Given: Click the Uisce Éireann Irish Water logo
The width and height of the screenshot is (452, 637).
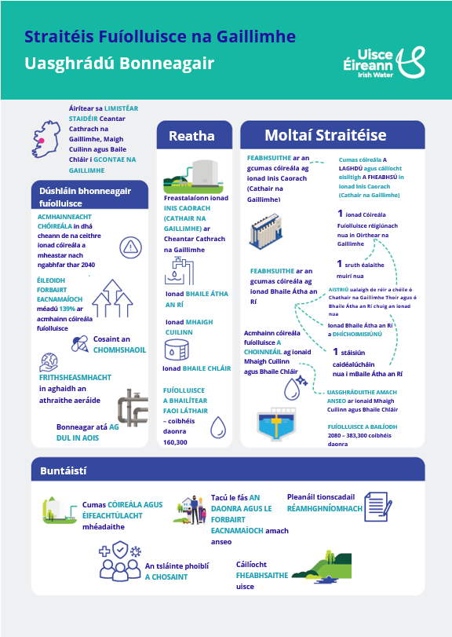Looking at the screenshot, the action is pos(384,63).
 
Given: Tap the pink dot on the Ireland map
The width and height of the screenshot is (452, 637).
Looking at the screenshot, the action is pos(41,141).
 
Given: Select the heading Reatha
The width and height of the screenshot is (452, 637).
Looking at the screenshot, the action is pos(191,136).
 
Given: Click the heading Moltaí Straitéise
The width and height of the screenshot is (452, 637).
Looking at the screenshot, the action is pos(326,135).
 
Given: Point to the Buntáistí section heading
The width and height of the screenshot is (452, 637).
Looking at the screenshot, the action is pos(64,470).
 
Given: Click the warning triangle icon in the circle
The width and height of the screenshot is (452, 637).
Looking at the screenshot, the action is pos(130,247).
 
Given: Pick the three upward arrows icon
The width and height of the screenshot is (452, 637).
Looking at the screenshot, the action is pos(112,298).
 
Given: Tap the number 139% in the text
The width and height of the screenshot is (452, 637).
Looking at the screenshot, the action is pos(67,309).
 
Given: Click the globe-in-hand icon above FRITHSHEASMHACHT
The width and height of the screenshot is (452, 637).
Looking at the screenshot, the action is pos(49,362).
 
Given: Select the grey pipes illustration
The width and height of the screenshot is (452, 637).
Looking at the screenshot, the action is pos(133,408).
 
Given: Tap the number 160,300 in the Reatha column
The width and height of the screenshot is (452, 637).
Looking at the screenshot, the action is pos(175,442).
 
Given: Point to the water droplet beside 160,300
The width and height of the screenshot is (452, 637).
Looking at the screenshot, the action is pos(218,427).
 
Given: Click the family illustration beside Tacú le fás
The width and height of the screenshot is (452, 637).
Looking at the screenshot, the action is pos(191,510).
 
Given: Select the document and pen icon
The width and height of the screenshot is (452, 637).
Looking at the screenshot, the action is pos(378,507).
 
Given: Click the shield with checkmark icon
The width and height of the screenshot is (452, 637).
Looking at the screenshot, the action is pos(120,550).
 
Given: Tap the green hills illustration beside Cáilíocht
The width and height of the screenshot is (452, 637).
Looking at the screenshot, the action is pos(322,567).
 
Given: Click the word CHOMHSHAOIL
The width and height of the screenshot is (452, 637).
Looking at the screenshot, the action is pos(120,350).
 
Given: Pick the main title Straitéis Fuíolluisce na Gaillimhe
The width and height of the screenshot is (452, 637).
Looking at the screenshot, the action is pos(160,37).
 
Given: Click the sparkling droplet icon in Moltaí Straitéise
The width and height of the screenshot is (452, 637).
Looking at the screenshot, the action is pos(295,388).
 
